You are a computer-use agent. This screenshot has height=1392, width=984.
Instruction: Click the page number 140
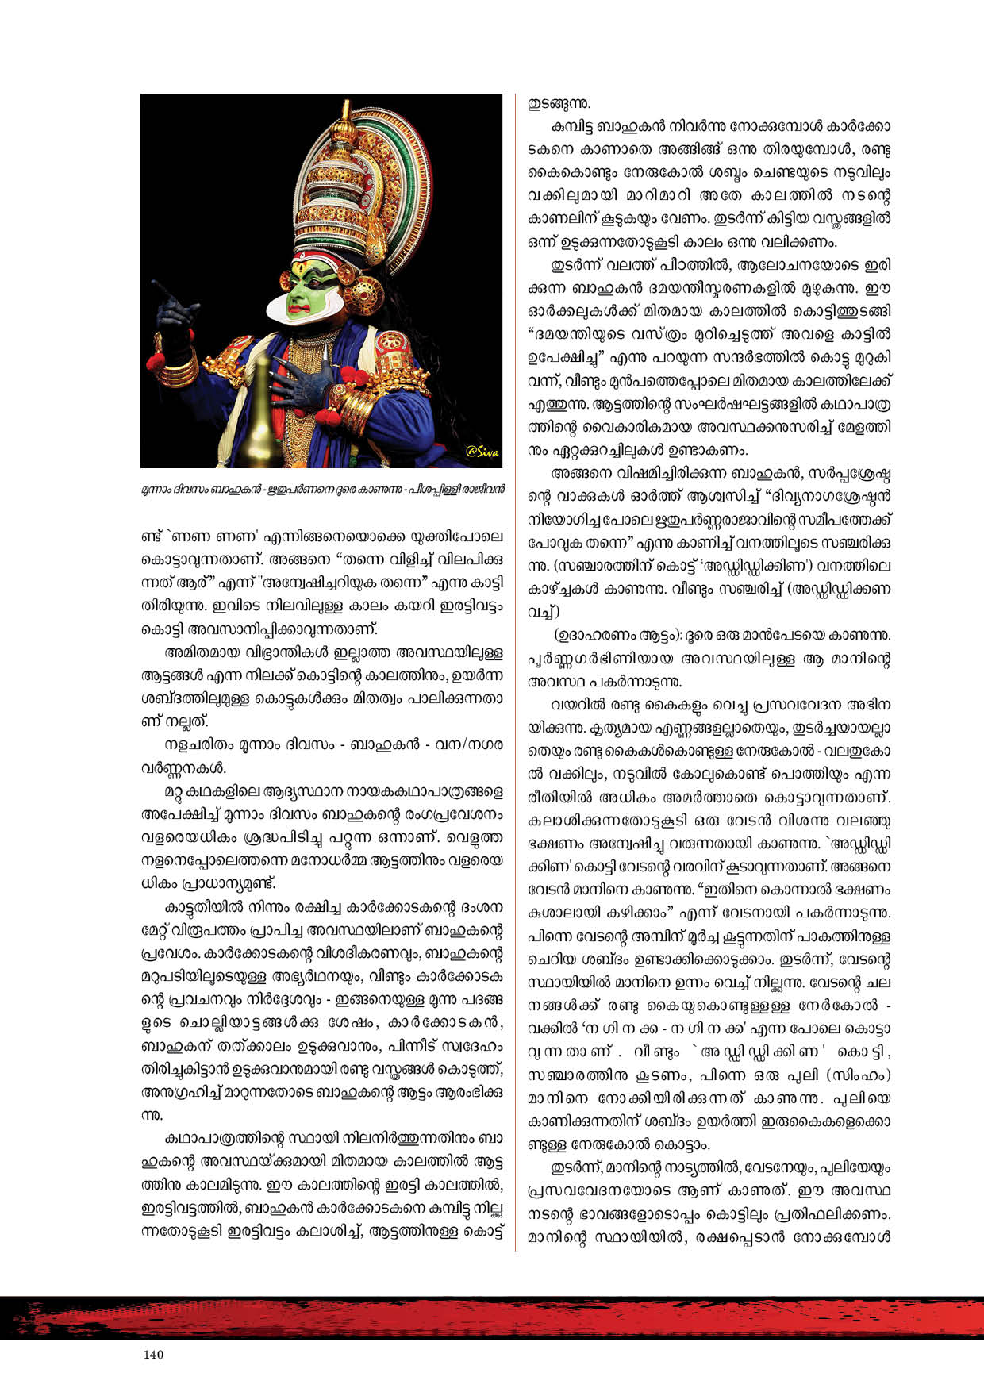point(153,1355)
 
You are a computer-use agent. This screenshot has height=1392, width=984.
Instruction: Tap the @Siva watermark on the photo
point(482,453)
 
